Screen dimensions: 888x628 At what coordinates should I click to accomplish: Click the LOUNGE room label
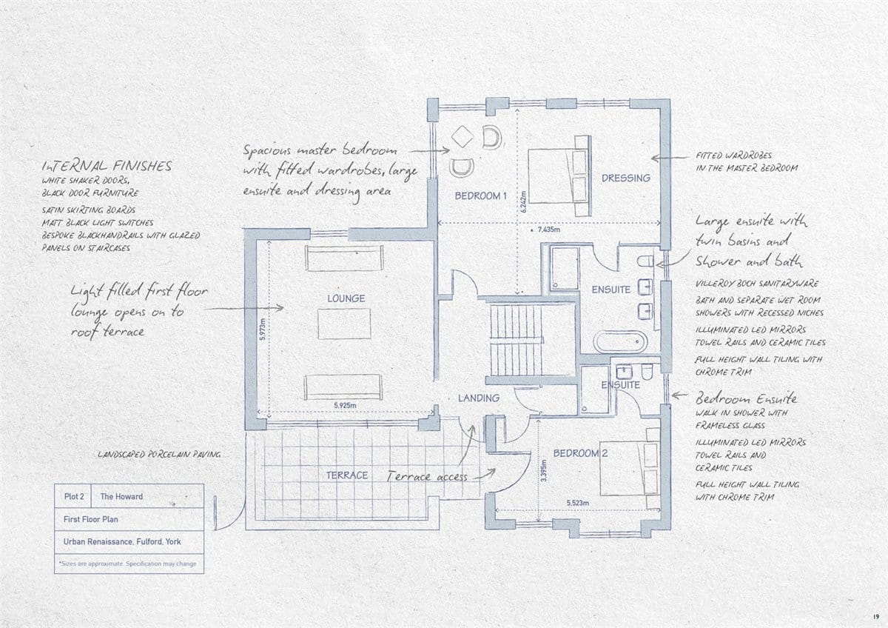pos(346,298)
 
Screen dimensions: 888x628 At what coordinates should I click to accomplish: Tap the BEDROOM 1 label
pos(480,196)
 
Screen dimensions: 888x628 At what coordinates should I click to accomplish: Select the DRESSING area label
pos(626,178)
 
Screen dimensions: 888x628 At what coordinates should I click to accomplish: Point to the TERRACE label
pos(347,475)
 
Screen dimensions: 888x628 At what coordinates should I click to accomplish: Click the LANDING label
pos(479,398)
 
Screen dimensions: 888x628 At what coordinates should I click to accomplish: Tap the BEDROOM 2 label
pos(580,453)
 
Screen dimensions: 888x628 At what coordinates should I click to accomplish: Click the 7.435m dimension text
pos(549,230)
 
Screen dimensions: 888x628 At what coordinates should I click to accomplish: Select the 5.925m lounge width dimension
pos(345,405)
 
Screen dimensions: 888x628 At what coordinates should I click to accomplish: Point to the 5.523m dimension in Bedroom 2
pos(578,503)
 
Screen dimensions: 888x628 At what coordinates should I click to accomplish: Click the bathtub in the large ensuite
pos(620,342)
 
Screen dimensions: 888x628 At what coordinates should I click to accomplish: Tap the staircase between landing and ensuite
pos(516,341)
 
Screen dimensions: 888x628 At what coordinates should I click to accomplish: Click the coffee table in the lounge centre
pos(344,324)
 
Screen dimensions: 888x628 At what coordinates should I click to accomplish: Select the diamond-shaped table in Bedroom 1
pos(462,136)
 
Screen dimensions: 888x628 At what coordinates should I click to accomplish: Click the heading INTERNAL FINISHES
pos(107,165)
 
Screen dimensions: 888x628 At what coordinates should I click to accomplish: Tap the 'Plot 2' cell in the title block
pos(73,496)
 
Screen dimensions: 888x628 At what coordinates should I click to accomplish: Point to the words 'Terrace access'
pos(428,476)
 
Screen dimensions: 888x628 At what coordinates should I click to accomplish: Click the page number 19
pos(875,616)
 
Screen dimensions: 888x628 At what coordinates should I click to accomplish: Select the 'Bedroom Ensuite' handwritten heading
pos(746,398)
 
